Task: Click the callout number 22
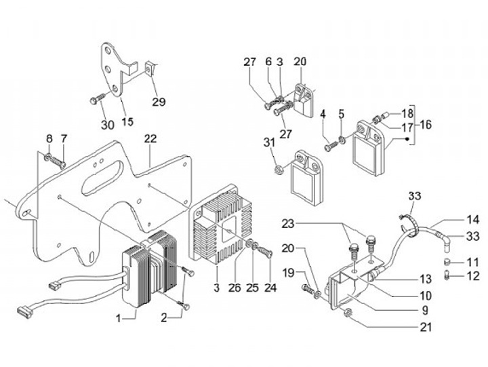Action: tap(150, 139)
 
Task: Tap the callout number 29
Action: tap(159, 102)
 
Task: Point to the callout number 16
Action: tap(426, 125)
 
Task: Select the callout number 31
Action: tap(269, 143)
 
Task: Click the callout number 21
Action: tap(426, 327)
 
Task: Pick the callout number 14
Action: tap(473, 220)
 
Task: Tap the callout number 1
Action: tap(118, 318)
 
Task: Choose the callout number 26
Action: tap(235, 288)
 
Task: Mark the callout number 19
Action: tap(288, 273)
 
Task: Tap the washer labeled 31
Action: tap(278, 170)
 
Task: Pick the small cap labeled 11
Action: tap(447, 262)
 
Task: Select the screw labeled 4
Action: tap(331, 146)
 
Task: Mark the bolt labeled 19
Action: tap(308, 290)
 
